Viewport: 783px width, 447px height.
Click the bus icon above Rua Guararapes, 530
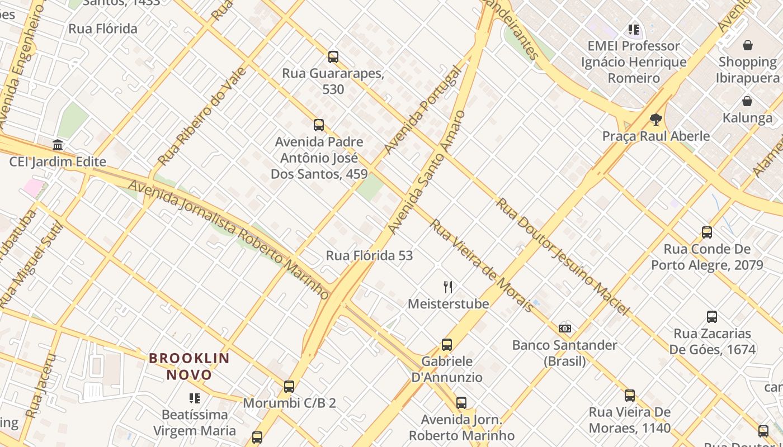pos(333,56)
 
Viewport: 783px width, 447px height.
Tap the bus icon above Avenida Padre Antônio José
pos(319,125)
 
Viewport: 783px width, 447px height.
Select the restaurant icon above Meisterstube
pos(448,287)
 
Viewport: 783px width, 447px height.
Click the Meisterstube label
pos(448,304)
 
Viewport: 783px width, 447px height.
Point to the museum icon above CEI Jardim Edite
pos(58,145)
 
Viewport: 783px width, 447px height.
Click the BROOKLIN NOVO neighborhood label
pos(189,366)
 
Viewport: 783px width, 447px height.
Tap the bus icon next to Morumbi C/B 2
pos(289,386)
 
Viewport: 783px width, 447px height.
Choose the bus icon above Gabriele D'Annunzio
pos(446,344)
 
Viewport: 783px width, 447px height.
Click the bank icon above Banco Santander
pos(565,329)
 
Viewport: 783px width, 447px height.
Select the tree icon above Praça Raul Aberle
pos(656,119)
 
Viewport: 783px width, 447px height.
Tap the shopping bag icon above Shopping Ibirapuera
pos(748,45)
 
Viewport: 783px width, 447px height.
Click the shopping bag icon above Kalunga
pos(747,101)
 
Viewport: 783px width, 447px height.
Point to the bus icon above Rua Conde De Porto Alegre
pos(707,232)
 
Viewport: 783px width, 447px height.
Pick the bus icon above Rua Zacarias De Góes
pos(712,317)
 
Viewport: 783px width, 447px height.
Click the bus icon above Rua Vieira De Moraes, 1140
pos(630,396)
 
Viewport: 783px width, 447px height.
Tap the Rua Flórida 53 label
pos(369,255)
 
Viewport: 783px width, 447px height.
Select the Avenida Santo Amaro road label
pos(426,173)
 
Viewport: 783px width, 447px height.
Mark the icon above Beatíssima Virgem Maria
pos(194,398)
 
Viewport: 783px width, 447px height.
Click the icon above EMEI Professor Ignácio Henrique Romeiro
pos(633,29)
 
